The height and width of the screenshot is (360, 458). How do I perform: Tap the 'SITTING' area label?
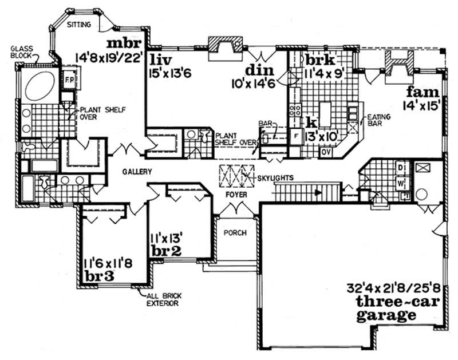click(78, 25)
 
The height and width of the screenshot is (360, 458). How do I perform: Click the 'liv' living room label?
click(160, 60)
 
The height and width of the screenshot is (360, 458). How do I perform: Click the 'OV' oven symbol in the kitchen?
click(327, 152)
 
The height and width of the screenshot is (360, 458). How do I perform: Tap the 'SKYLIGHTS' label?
click(277, 178)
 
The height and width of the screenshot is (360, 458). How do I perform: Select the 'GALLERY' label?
click(136, 172)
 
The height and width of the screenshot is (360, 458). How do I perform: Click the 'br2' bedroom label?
click(164, 251)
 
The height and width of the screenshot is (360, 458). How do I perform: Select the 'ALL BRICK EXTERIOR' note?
click(161, 299)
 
